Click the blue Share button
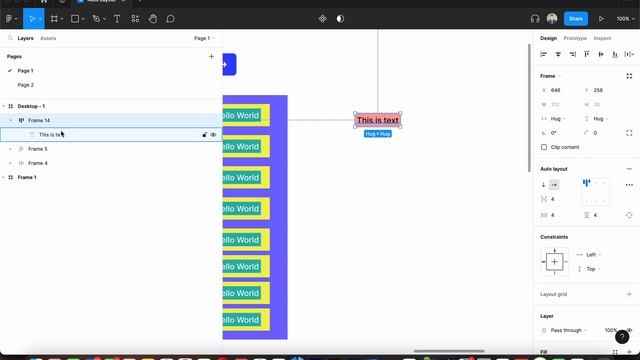575,18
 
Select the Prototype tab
575,38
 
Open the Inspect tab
602,38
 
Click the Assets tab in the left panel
48,38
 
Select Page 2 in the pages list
25,85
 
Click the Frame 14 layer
39,120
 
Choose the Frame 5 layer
38,149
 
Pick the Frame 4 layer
38,163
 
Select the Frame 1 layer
27,177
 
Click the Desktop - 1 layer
31,106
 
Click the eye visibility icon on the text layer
213,134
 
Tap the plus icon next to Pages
211,56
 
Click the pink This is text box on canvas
378,120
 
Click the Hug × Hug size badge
378,133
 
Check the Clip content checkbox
544,147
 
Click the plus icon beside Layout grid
629,294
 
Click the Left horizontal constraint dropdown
592,255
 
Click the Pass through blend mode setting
566,330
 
